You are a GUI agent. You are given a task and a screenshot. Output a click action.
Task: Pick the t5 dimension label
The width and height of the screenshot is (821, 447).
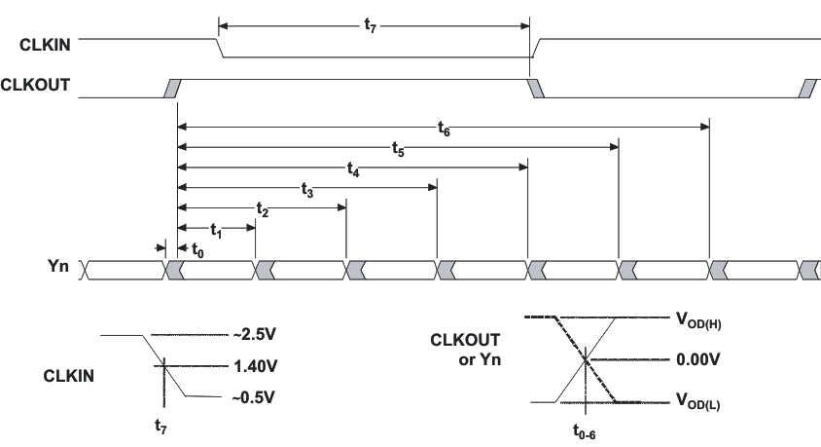[x=398, y=147]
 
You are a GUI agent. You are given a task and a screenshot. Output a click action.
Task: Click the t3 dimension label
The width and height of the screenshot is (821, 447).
[x=307, y=190]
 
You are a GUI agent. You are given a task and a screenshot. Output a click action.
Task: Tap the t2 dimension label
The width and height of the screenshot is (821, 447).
[x=262, y=209]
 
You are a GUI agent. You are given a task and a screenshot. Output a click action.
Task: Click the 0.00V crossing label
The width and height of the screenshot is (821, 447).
[x=696, y=359]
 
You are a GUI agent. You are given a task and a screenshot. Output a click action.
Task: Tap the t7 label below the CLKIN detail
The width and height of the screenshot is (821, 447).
[x=165, y=425]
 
